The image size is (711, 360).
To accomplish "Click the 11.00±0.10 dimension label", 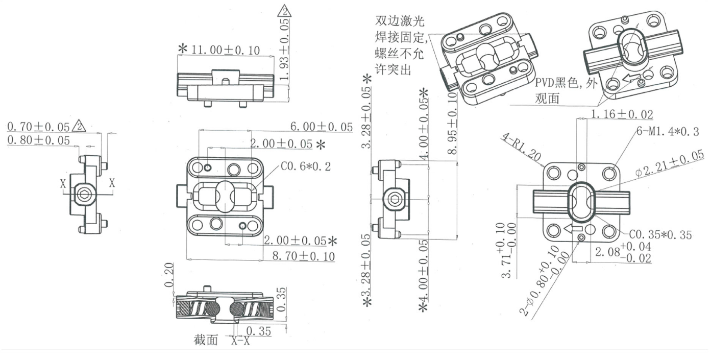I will coord(225,50).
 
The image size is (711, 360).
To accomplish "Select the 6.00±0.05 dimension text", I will coord(322,127).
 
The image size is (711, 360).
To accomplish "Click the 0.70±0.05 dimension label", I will coord(38,125).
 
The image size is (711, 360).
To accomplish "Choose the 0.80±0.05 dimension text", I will coord(38,140).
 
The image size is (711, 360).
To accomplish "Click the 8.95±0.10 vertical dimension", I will coord(452,123).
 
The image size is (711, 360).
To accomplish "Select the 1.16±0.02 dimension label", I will coord(622,114).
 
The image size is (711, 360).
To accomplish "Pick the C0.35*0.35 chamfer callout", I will coord(660,234).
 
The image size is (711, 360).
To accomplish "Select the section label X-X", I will coord(240,341).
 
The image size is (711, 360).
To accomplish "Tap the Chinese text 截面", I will coord(206,340).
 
